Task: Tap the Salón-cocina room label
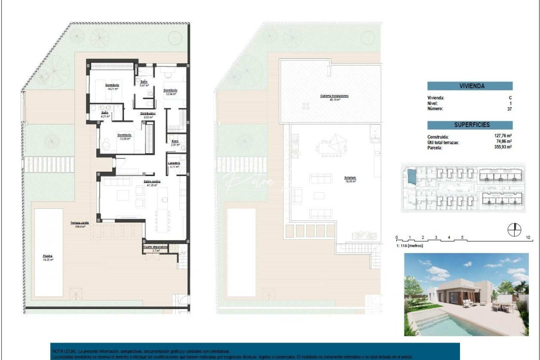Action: (x=152, y=182)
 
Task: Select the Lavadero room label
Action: (x=174, y=163)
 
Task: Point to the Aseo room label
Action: (x=175, y=141)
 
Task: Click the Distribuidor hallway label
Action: (x=148, y=114)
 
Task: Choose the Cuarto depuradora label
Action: (x=155, y=247)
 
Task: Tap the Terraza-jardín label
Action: (x=80, y=223)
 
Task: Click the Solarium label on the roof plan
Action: (x=350, y=178)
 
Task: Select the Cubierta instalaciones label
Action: (x=334, y=96)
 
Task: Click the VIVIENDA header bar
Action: (x=470, y=86)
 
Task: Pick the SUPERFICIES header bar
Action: (x=470, y=125)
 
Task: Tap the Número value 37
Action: (x=509, y=109)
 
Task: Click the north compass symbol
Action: (x=514, y=230)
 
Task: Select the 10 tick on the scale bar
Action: (x=528, y=238)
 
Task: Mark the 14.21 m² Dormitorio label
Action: (x=112, y=85)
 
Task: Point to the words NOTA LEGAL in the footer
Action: (x=65, y=351)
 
